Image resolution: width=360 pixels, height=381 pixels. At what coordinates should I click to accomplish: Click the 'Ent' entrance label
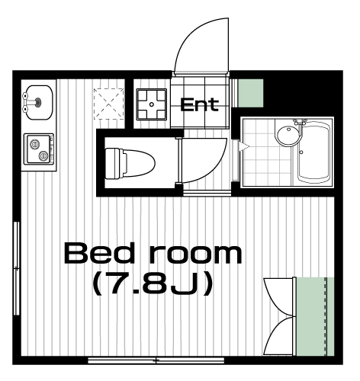pyautogui.click(x=199, y=104)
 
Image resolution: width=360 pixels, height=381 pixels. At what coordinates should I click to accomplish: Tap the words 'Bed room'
pyautogui.click(x=153, y=253)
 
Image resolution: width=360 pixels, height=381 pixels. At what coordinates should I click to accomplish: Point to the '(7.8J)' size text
pyautogui.click(x=153, y=283)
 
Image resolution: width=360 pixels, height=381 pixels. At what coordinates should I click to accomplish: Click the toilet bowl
pyautogui.click(x=130, y=163)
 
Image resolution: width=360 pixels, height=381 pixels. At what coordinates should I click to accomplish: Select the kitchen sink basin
pyautogui.click(x=40, y=102)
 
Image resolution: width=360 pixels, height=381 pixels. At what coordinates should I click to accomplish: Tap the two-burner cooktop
pyautogui.click(x=39, y=149)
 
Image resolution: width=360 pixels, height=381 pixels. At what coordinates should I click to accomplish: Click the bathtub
pyautogui.click(x=313, y=152)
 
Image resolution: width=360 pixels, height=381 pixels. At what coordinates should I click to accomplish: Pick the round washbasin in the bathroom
pyautogui.click(x=288, y=136)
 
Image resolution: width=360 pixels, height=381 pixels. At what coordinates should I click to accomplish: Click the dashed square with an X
pyautogui.click(x=109, y=104)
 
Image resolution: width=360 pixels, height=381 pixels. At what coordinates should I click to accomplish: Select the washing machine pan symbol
pyautogui.click(x=152, y=104)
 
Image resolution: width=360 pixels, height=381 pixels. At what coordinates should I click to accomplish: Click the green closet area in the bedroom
pyautogui.click(x=315, y=316)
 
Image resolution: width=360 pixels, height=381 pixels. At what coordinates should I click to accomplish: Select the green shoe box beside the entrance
pyautogui.click(x=251, y=93)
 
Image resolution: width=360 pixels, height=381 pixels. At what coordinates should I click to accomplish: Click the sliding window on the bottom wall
pyautogui.click(x=156, y=360)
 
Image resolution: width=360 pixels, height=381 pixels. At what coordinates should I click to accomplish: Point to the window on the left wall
pyautogui.click(x=17, y=268)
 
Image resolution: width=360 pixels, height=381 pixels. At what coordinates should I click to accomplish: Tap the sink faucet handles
pyautogui.click(x=25, y=102)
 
